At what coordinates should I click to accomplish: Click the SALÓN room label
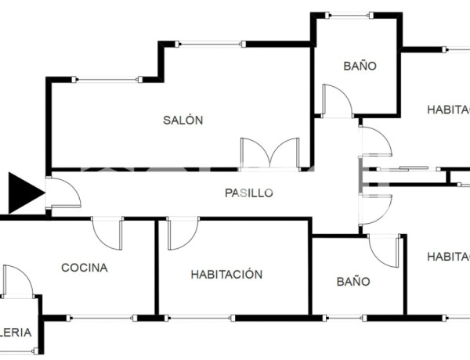tap(183, 121)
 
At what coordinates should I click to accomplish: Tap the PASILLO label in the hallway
tap(248, 193)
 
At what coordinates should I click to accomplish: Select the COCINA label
tap(85, 268)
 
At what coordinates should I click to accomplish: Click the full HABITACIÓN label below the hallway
tap(226, 275)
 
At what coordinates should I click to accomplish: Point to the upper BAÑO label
tap(360, 66)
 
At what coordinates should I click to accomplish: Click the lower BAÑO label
tap(353, 281)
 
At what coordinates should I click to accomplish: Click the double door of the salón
tap(269, 153)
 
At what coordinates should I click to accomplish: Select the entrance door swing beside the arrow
tap(63, 193)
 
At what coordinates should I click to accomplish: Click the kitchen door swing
tap(107, 233)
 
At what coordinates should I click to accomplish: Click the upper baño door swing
tap(338, 101)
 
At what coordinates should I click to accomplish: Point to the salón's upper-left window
tap(107, 79)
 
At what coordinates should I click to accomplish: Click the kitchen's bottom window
tap(101, 318)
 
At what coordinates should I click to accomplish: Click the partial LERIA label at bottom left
tap(16, 333)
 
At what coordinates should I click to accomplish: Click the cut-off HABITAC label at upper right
tap(448, 110)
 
